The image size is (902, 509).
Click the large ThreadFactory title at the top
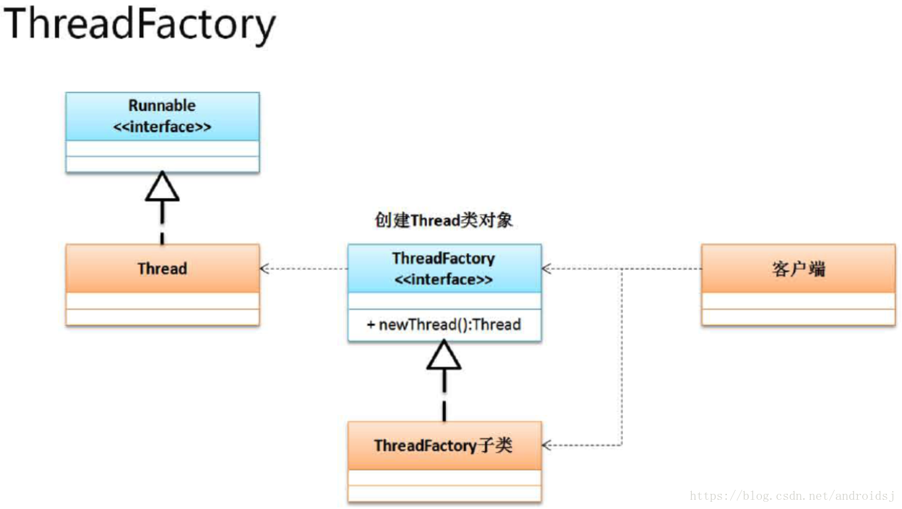coord(139,25)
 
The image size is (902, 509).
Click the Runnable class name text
coord(162,106)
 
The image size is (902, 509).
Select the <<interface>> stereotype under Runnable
coord(162,127)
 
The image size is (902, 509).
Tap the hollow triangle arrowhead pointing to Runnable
coord(163,186)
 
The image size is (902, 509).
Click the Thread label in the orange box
coord(163,269)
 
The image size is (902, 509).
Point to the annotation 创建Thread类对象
coord(444,220)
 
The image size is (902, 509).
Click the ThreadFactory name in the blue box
coord(444,258)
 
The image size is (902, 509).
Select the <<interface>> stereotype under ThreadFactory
coord(444,279)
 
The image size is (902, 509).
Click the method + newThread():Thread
coord(444,324)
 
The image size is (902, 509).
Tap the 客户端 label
coord(798,269)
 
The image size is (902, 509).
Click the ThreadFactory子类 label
coord(443,446)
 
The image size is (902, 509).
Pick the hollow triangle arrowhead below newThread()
coord(444,355)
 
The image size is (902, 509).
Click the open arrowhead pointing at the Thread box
coord(264,269)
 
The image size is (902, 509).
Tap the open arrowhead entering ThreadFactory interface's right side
coord(546,269)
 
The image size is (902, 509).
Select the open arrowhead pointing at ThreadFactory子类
coord(546,445)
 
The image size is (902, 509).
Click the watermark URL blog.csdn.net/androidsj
coord(792,496)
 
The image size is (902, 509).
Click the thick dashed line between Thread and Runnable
coord(163,222)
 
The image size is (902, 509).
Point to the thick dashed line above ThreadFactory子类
coord(444,395)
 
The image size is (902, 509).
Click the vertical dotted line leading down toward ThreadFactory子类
coord(622,357)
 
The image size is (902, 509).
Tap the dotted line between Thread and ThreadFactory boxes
coord(304,269)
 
